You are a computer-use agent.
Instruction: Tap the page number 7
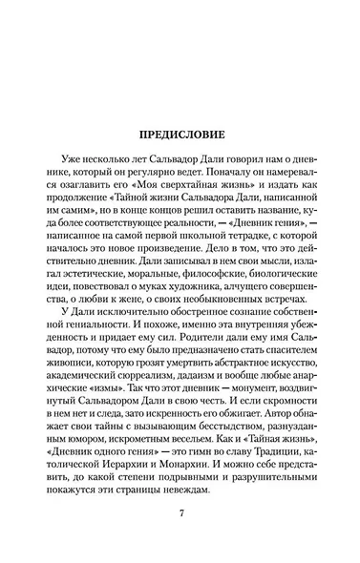[x=180, y=516]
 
